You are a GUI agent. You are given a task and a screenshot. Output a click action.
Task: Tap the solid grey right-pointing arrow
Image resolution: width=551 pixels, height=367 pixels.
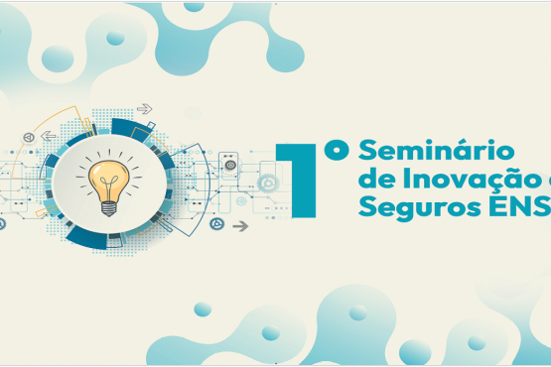click(239, 225)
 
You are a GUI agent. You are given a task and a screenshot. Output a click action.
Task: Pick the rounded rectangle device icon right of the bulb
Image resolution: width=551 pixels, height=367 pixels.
click(228, 165)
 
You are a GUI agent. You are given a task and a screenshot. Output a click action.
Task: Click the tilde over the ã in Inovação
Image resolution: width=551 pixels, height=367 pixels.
click(517, 170)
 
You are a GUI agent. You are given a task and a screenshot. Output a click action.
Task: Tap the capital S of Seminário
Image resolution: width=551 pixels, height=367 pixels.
click(367, 153)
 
